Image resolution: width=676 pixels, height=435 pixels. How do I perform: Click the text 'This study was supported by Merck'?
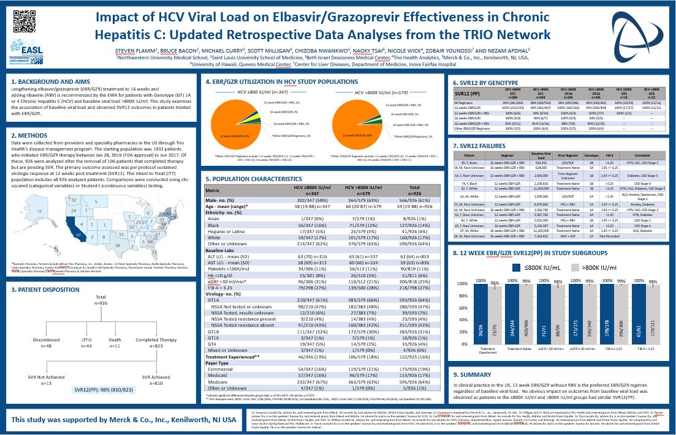[124, 420]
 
